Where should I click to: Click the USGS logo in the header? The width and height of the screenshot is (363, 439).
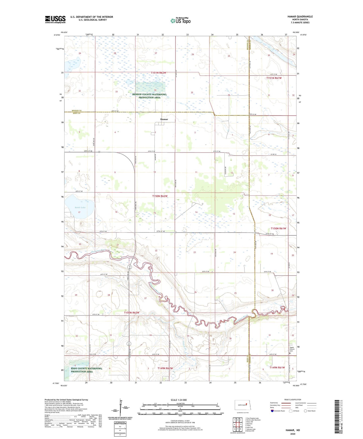[x=55, y=19]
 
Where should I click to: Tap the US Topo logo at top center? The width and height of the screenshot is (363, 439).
[x=180, y=21]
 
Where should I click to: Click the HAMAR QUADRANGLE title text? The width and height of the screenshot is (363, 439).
[x=300, y=17]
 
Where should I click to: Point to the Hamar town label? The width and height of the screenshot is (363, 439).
[x=164, y=119]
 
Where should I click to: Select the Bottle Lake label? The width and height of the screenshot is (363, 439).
[x=80, y=207]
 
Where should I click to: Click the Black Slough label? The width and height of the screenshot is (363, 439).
[x=149, y=84]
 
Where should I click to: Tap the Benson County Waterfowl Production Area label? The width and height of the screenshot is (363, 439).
[x=149, y=96]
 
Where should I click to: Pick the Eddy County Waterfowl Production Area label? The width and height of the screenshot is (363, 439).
[x=86, y=370]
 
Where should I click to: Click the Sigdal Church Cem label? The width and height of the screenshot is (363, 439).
[x=292, y=349]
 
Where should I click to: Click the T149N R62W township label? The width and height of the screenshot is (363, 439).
[x=165, y=368]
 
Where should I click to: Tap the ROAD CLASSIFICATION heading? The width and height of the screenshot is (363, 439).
[x=293, y=400]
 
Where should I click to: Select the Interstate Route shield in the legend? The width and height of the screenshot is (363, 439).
[x=273, y=411]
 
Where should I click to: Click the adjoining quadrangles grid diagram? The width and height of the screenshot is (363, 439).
[x=237, y=425]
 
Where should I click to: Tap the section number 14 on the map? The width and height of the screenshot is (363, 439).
[x=196, y=212]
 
